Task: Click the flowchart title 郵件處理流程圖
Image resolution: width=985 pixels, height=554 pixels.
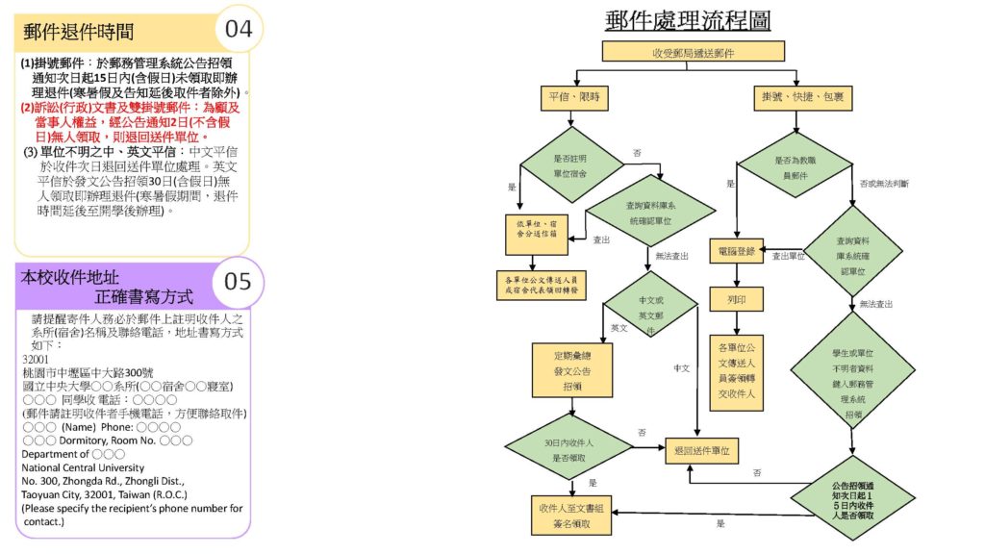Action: [688, 20]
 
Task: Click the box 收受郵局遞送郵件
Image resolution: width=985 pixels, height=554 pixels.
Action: [693, 52]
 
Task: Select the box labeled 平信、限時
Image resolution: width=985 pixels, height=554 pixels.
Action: [573, 98]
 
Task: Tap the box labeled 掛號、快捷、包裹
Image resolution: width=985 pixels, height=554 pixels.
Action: [797, 98]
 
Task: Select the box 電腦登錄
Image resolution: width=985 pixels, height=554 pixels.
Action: [736, 250]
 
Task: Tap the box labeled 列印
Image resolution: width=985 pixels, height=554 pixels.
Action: [736, 299]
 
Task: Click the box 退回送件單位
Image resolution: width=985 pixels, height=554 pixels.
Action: [704, 449]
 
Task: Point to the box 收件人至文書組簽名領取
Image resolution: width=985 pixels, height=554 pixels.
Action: [572, 515]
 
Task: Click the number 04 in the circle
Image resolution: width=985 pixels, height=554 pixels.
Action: [238, 28]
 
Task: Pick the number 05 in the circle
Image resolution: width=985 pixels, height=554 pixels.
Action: [238, 281]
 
